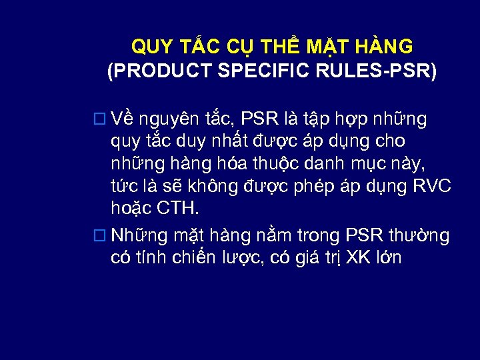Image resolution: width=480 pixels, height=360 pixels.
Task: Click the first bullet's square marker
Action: point(101,119)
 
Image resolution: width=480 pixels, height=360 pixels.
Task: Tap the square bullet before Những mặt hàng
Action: point(101,235)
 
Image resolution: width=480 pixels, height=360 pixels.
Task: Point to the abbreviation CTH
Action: point(177,208)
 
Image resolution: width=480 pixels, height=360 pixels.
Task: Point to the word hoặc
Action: point(131,209)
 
